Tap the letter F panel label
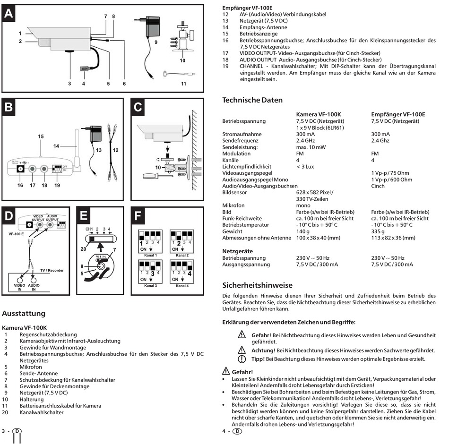tap(138, 216)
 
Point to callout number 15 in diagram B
tap(41, 137)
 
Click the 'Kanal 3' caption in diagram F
tap(150, 286)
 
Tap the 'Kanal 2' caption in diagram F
tap(181, 255)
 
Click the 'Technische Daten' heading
tap(252, 100)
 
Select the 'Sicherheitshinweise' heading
tap(257, 285)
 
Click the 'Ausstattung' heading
tap(24, 313)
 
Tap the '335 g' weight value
tap(379, 232)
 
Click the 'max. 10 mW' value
tap(311, 147)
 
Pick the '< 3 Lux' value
tap(305, 166)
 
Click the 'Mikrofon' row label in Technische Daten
tap(233, 205)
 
